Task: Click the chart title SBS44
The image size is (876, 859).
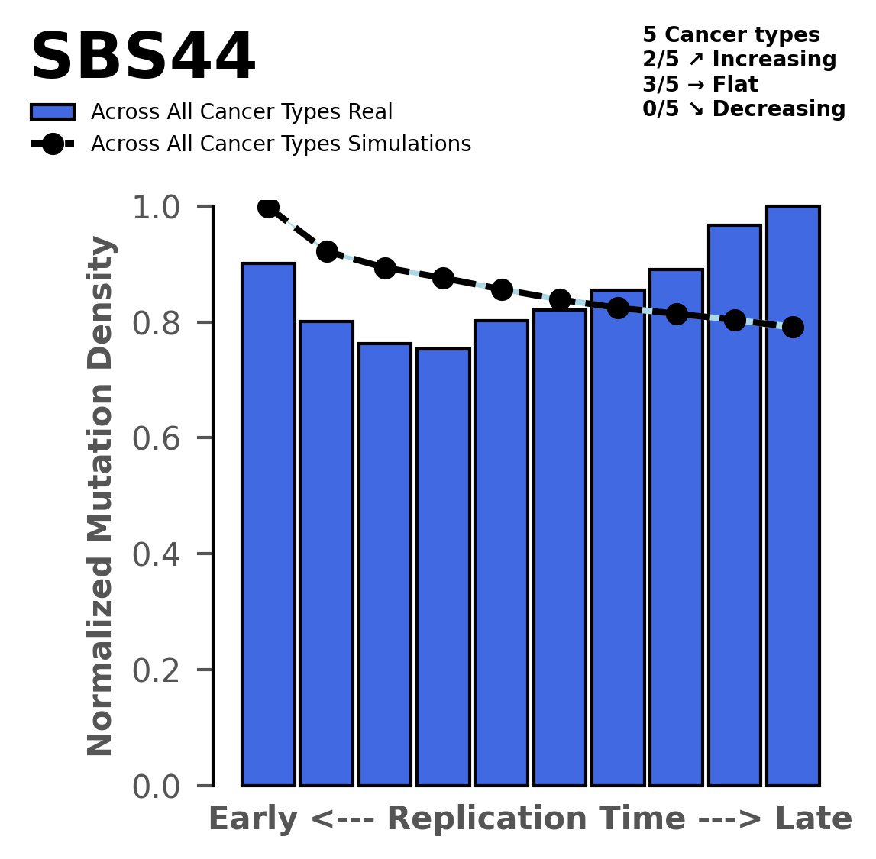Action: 142,58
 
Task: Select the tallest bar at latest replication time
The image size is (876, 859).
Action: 793,496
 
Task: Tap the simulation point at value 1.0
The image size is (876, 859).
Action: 268,207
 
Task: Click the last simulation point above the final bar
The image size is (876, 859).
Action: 793,327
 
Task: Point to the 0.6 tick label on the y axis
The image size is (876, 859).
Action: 161,438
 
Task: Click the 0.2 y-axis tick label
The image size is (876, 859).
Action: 161,670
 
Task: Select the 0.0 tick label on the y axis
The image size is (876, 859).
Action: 161,786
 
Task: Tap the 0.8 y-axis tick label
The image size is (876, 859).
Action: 161,323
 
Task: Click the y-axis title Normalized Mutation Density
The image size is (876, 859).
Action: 101,496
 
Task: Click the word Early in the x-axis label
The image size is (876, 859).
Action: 253,819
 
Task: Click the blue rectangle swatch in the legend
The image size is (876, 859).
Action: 53,112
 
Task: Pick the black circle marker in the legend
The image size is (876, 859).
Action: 53,144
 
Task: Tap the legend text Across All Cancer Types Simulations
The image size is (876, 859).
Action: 280,144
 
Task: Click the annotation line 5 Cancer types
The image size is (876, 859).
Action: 731,35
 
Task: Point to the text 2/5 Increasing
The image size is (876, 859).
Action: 739,60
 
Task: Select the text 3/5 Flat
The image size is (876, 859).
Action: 700,84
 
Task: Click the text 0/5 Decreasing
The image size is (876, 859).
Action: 744,108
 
